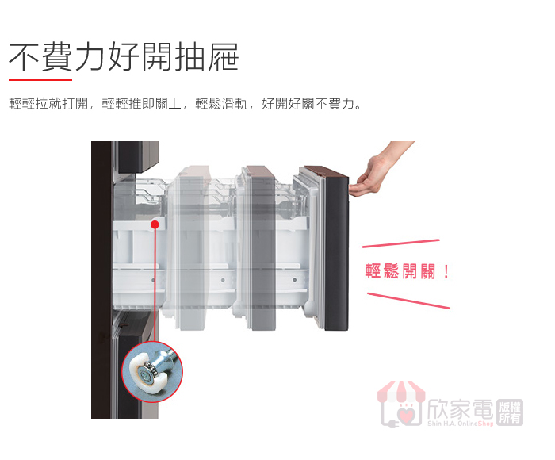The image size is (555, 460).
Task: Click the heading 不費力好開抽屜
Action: [124, 56]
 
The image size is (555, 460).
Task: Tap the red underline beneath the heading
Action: [40, 80]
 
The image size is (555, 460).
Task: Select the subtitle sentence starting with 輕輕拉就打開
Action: [185, 104]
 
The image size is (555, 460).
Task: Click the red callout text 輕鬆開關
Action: [400, 271]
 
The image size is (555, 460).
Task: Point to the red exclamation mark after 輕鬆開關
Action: [446, 271]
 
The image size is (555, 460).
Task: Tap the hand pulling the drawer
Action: [379, 170]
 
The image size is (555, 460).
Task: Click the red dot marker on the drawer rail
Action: [155, 224]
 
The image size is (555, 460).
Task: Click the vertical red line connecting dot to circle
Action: [155, 285]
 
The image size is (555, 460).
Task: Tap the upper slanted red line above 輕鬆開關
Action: [401, 243]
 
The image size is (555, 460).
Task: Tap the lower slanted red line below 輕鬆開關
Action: [408, 301]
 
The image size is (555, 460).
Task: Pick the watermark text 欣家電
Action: [460, 409]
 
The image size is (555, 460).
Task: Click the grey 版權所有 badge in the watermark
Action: [510, 412]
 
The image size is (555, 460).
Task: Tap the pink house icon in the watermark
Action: [401, 404]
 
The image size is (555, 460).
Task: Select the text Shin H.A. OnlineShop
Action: [460, 424]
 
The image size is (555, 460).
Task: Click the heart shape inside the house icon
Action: [404, 415]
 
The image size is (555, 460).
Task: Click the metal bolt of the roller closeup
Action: [160, 361]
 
